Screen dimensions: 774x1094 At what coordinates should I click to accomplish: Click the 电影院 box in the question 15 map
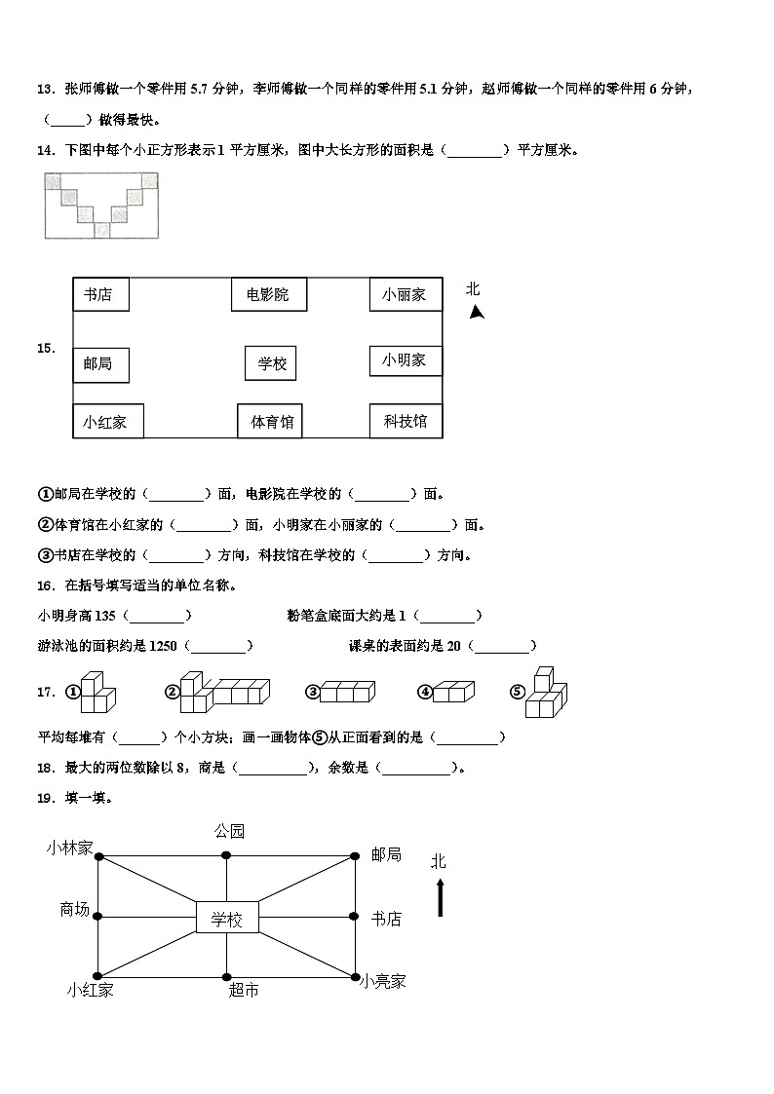pos(267,294)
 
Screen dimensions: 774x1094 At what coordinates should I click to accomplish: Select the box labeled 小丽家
pos(405,294)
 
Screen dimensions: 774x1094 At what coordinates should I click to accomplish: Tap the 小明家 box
pos(405,359)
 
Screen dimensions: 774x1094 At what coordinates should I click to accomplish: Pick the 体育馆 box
pos(271,422)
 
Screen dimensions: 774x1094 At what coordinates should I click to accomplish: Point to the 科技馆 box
pos(405,421)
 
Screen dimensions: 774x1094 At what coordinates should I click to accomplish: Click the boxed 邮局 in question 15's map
pos(99,363)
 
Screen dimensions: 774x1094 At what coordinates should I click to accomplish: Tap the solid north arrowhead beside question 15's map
pos(477,312)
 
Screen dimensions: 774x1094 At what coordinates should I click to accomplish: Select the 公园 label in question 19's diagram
pos(229,831)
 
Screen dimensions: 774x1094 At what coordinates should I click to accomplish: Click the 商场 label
pos(75,910)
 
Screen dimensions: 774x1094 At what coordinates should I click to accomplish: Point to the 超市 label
pos(244,990)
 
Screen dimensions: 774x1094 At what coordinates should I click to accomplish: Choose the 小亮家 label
pos(381,982)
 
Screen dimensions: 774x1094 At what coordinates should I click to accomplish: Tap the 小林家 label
pos(69,848)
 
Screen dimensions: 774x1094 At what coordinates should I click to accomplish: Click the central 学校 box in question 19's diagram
pos(226,918)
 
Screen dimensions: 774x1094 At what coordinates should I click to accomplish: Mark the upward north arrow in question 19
pos(440,896)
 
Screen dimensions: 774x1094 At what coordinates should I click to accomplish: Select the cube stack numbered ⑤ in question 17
pos(546,693)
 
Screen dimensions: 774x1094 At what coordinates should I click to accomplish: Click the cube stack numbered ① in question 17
pos(97,693)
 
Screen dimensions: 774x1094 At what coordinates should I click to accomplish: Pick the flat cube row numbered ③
pos(346,692)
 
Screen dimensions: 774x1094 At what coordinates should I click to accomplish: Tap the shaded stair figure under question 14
pos(101,204)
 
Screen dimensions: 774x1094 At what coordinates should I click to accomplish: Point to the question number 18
pos(45,768)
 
